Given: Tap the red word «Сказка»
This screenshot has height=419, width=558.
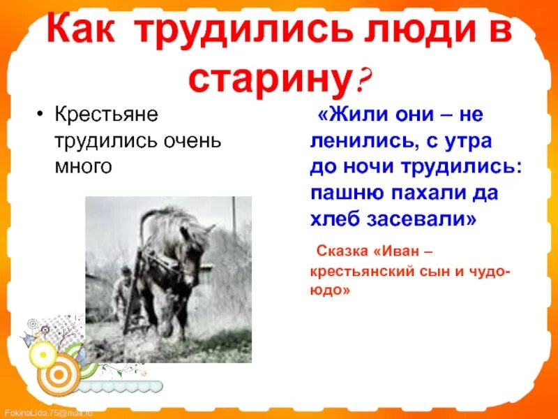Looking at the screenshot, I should pos(345,250).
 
